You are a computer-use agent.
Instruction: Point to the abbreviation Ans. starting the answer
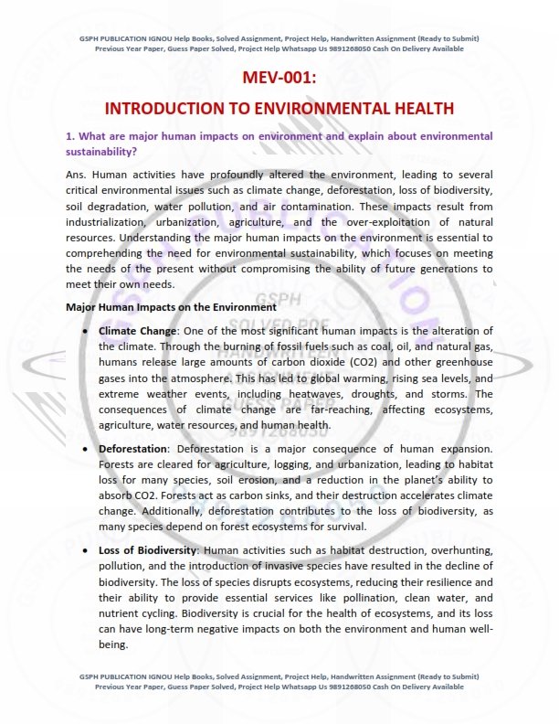[78, 175]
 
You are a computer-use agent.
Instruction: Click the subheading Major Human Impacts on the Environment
[171, 307]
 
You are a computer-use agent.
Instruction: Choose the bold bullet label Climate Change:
[138, 331]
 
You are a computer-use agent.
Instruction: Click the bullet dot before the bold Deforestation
[86, 450]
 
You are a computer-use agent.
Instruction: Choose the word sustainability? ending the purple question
[108, 151]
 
